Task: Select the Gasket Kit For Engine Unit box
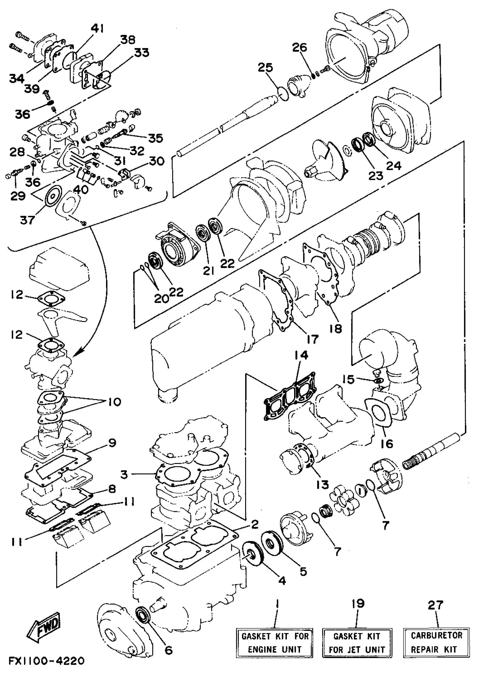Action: [274, 642]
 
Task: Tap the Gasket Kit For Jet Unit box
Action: [357, 642]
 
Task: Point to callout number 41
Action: [98, 29]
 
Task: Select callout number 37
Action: [27, 220]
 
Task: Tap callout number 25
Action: [265, 68]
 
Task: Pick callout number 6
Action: [169, 650]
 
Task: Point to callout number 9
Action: [112, 443]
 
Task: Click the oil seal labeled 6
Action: [143, 614]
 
